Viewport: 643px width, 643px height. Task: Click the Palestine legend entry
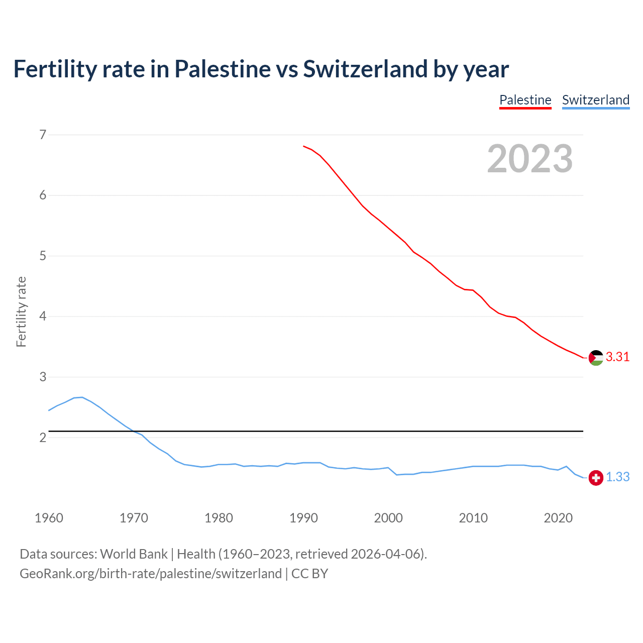525,100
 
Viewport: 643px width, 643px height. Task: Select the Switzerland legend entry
595,100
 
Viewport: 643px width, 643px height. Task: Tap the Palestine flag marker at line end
596,358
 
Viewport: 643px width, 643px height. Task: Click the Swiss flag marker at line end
596,478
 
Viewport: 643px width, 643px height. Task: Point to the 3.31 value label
617,357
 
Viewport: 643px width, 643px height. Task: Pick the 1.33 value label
617,477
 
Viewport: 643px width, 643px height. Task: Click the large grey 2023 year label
529,159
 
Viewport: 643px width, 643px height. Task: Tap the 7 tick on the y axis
43,135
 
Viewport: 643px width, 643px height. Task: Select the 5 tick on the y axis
43,256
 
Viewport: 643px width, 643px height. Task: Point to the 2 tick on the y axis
43,438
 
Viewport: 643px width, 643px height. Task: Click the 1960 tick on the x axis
49,518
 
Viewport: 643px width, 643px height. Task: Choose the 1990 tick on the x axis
303,518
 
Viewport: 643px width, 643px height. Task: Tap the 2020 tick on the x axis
558,518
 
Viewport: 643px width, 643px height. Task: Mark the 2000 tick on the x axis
388,518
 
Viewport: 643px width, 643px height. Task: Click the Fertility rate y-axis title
21,311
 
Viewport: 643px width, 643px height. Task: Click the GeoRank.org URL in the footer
151,574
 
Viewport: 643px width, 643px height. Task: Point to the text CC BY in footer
309,574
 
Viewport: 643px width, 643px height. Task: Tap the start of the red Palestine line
304,146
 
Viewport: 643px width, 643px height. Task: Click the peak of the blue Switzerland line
82,397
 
